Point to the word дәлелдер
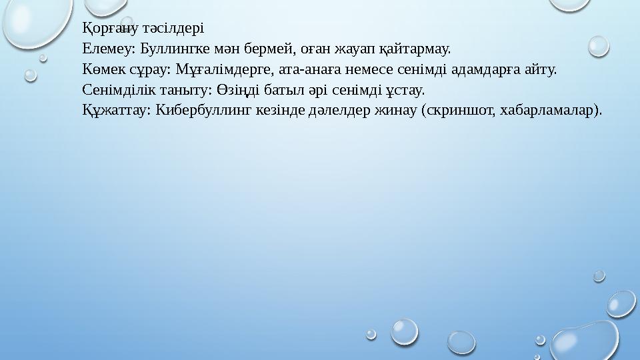(337, 110)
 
